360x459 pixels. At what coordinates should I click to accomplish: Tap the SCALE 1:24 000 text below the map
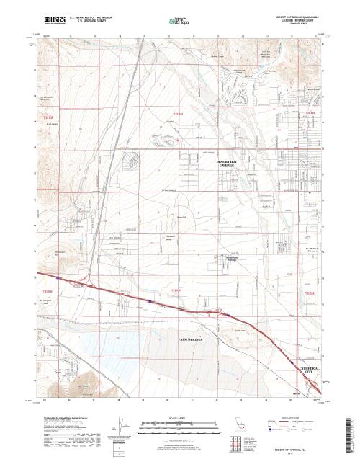[171, 416]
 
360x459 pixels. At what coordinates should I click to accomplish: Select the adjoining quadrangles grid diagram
[239, 440]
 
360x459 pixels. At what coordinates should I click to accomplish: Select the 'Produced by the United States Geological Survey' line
[65, 417]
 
